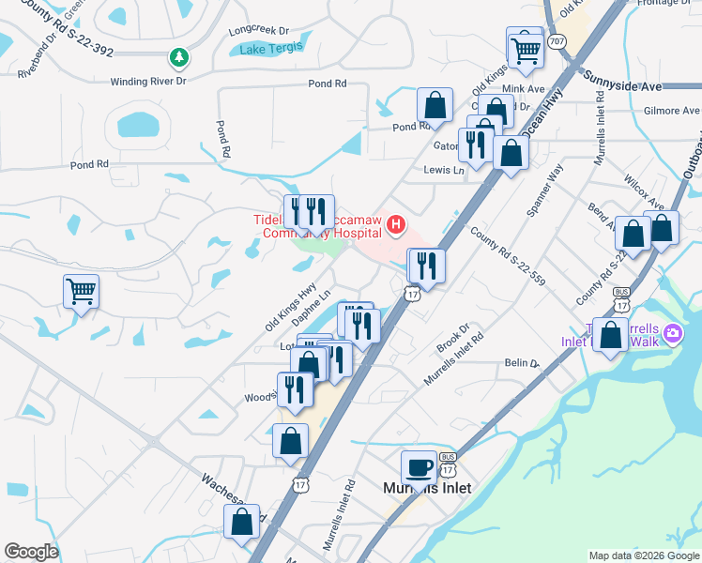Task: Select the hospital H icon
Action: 396,225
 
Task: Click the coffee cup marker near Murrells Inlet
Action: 419,466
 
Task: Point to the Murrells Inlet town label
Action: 427,488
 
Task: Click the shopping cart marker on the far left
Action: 82,291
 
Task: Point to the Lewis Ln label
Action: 444,171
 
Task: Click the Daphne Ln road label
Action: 312,308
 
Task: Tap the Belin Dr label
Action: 523,362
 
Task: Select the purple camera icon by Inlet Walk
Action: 672,333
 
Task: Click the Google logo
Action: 31,552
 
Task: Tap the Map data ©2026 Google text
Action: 643,555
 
